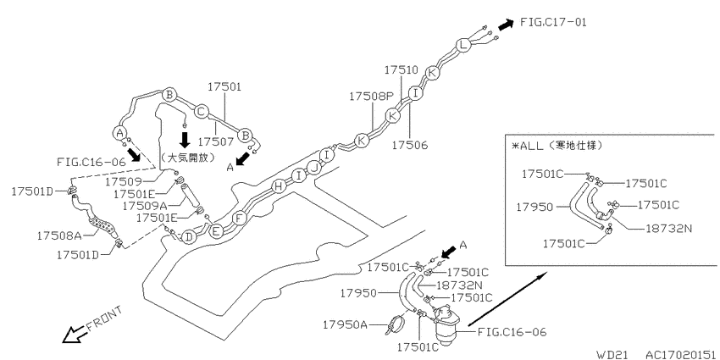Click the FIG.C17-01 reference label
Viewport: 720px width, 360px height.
click(x=553, y=21)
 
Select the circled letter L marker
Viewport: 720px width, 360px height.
click(x=463, y=45)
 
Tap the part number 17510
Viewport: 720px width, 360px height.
click(x=402, y=69)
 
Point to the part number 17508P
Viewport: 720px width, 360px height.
click(x=372, y=96)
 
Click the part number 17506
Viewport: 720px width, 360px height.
click(x=410, y=145)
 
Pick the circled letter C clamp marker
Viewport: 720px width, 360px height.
click(x=201, y=112)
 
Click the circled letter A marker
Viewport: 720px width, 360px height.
click(x=119, y=133)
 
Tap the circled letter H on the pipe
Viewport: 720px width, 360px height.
click(x=278, y=186)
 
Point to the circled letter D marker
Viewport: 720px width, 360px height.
click(x=188, y=237)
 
